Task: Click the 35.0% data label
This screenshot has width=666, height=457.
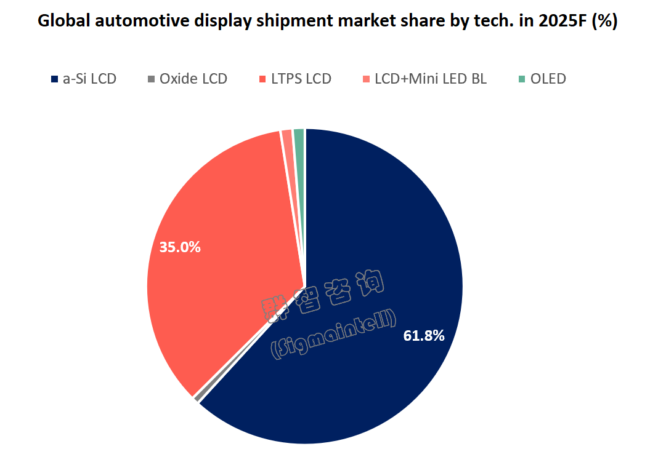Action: pyautogui.click(x=180, y=247)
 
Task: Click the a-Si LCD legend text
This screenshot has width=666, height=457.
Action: pyautogui.click(x=90, y=79)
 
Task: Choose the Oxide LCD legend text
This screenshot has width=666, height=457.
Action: pyautogui.click(x=193, y=79)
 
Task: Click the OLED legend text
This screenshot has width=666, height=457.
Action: pyautogui.click(x=548, y=79)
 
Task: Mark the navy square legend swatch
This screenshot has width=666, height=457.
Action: pyautogui.click(x=54, y=79)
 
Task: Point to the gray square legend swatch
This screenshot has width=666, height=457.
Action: pyautogui.click(x=152, y=79)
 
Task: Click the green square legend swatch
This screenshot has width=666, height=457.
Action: pyautogui.click(x=522, y=79)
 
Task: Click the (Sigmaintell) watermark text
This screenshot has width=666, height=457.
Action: pyautogui.click(x=333, y=335)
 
